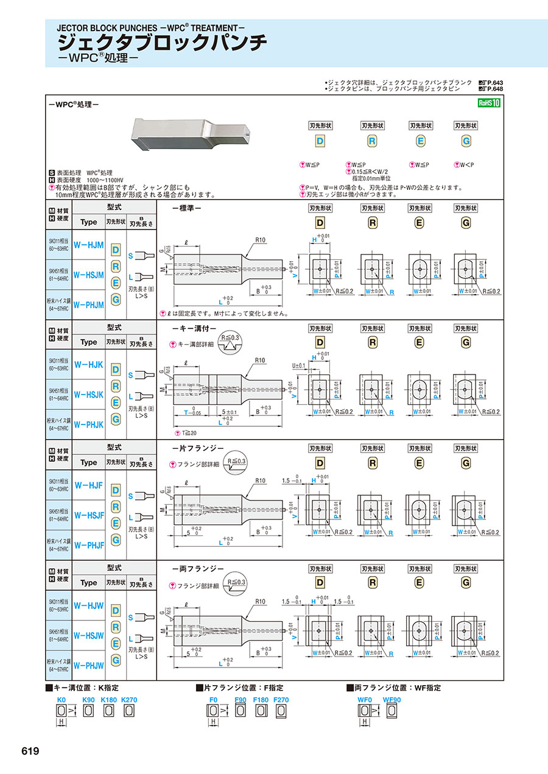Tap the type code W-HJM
coord(88,245)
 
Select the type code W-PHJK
coord(88,424)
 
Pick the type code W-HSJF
coord(88,515)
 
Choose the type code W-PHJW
coord(88,665)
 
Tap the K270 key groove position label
coord(129,700)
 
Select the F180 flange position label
coord(261,700)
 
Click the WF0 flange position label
coord(364,700)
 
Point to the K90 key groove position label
coord(88,700)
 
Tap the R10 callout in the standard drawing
coord(261,240)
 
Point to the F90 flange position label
coord(240,700)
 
